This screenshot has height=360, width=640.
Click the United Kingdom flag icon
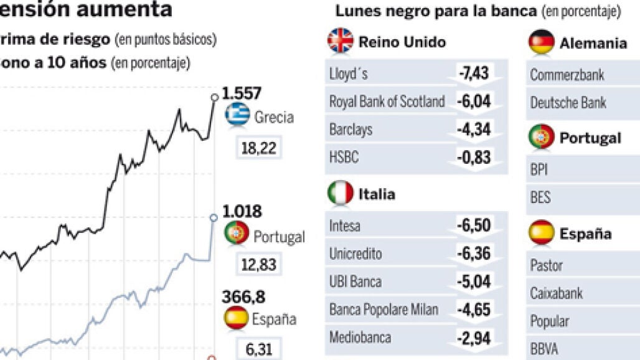[340, 42]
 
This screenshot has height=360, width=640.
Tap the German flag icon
[541, 43]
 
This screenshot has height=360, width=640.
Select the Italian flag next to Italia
[340, 194]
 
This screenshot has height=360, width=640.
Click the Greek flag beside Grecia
[238, 115]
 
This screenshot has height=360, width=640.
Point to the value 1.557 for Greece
[242, 93]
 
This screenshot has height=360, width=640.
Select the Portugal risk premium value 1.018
[242, 212]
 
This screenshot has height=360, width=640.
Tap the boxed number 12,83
[259, 264]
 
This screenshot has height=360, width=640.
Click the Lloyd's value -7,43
[474, 73]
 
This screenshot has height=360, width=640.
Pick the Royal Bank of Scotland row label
[387, 102]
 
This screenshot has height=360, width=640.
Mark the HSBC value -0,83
[474, 158]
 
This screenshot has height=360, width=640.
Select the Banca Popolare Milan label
[384, 310]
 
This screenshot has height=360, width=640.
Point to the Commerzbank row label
[567, 75]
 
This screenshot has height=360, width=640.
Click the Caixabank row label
[557, 293]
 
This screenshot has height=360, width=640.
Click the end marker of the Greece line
[215, 97]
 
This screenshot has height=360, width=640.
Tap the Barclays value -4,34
[474, 129]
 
